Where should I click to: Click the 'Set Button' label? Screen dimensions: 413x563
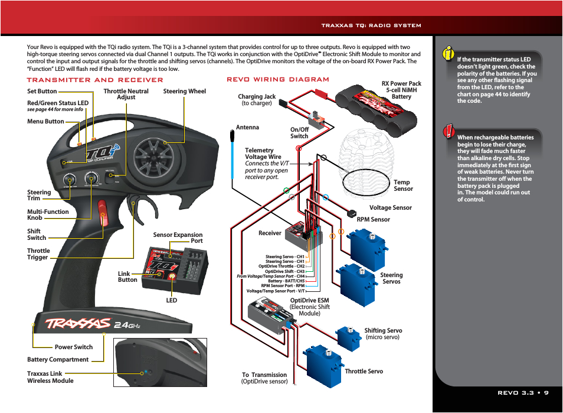coord(42,92)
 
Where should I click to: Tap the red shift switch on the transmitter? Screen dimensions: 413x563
coord(103,213)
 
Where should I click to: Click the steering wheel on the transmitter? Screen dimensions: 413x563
coord(154,154)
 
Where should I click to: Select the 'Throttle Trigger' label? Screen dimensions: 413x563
coord(38,254)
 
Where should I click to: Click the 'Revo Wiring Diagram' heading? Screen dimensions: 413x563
coord(278,80)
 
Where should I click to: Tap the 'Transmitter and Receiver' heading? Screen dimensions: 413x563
coord(95,80)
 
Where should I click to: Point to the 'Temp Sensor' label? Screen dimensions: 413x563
coord(403,186)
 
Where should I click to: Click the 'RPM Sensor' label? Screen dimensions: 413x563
coord(373,219)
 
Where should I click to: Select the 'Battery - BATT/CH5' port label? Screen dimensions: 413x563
coord(286,281)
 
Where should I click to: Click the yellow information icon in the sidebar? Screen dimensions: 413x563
coord(449,54)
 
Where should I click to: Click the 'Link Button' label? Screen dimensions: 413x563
coord(127,277)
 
